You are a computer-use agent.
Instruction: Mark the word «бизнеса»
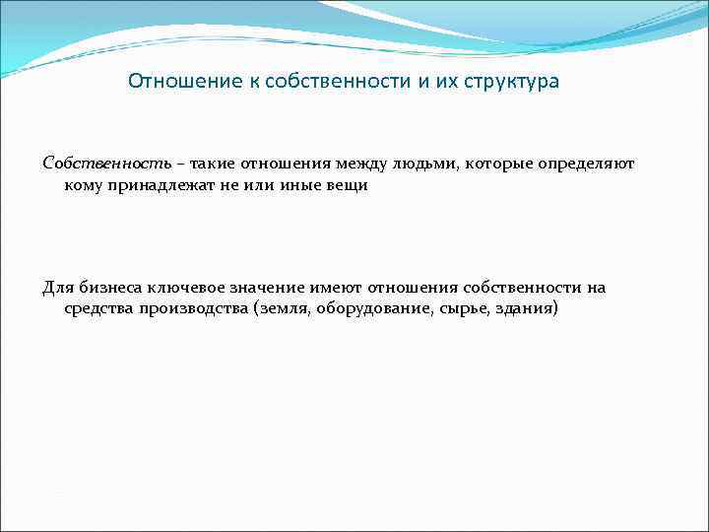coord(108,287)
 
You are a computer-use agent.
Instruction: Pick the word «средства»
coord(97,309)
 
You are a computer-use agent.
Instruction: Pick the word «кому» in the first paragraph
coord(83,184)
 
